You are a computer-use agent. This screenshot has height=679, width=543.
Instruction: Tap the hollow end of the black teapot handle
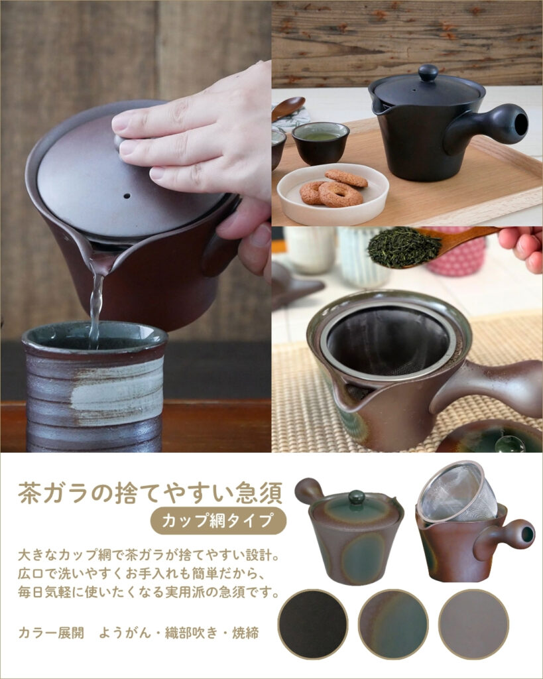click(x=521, y=124)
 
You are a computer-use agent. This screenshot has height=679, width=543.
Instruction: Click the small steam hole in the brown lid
click(x=127, y=196)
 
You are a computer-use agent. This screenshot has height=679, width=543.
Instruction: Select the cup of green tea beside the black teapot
click(x=320, y=143)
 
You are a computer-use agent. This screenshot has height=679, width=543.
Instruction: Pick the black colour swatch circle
click(x=313, y=624)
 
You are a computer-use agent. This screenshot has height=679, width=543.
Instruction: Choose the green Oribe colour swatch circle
click(x=393, y=624)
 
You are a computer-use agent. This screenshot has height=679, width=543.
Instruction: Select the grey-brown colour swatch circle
click(x=474, y=624)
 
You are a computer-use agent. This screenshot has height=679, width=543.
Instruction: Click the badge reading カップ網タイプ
click(x=218, y=521)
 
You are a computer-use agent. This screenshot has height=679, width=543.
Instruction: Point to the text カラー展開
click(x=51, y=633)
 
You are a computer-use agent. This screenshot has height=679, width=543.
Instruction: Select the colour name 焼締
click(x=245, y=633)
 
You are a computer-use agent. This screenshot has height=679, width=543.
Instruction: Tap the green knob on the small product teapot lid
click(x=357, y=497)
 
